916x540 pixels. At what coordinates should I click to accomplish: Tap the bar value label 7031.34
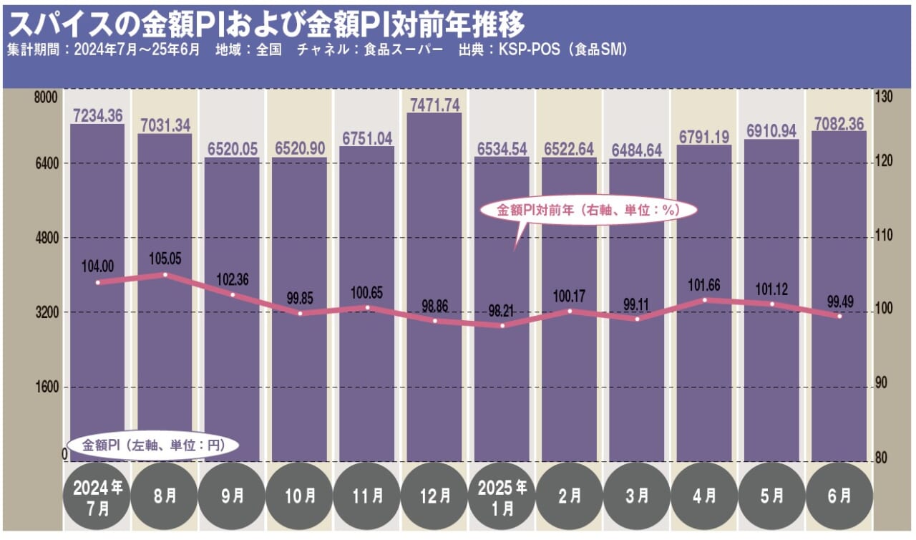[165, 125]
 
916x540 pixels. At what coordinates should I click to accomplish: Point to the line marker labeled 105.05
[165, 274]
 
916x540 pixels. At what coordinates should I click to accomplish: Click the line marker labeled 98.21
[502, 326]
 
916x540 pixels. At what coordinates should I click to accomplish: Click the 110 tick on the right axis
[881, 237]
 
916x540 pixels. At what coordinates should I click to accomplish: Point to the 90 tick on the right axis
[881, 383]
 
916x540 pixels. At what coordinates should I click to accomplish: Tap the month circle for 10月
[300, 495]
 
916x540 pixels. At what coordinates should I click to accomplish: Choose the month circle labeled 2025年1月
[502, 495]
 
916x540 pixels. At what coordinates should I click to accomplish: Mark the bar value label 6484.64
[637, 150]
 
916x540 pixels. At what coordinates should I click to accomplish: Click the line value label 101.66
[704, 285]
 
